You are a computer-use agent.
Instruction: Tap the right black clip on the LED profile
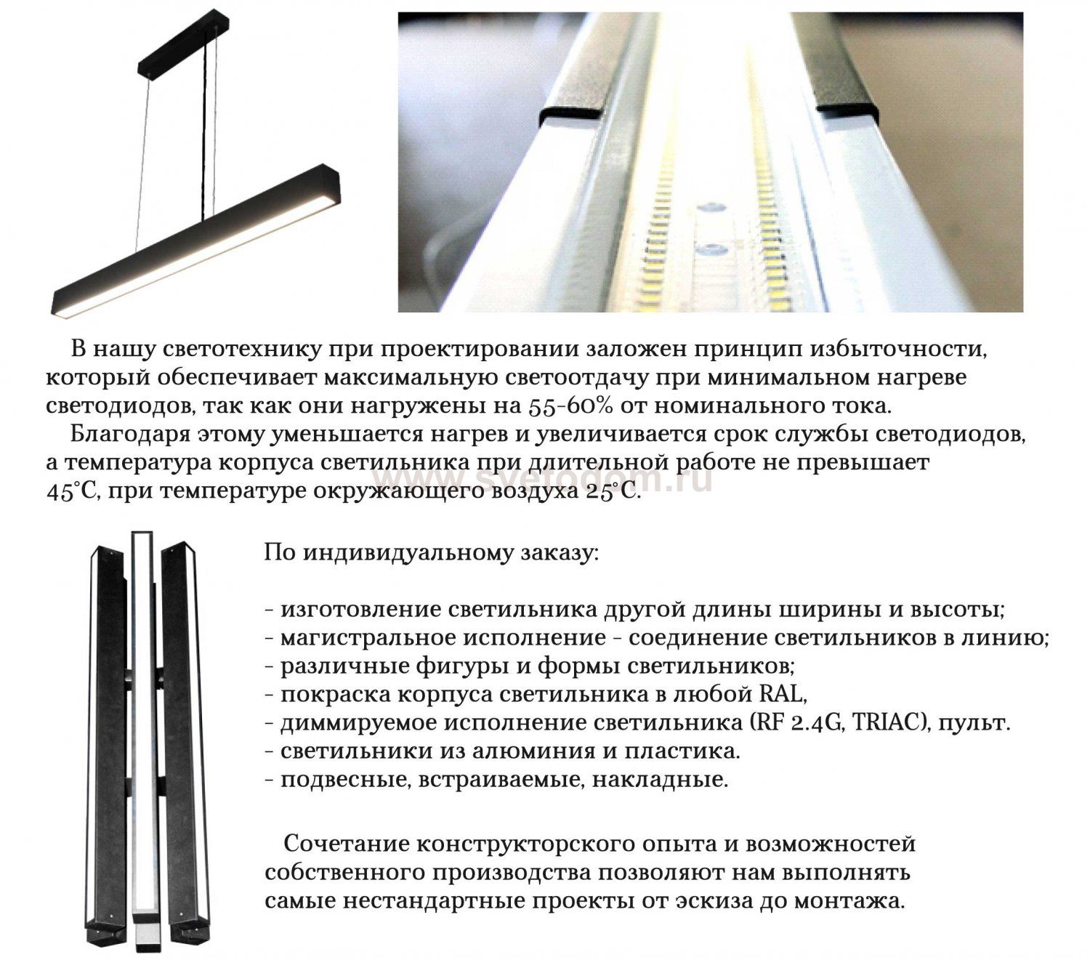click(x=847, y=106)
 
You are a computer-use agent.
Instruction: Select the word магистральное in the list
click(x=371, y=637)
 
